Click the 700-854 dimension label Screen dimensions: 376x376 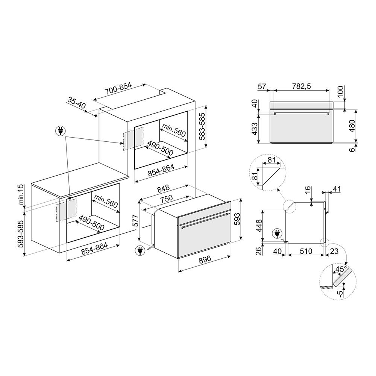108,88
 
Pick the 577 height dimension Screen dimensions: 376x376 136,222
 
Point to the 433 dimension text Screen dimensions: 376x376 254,129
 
